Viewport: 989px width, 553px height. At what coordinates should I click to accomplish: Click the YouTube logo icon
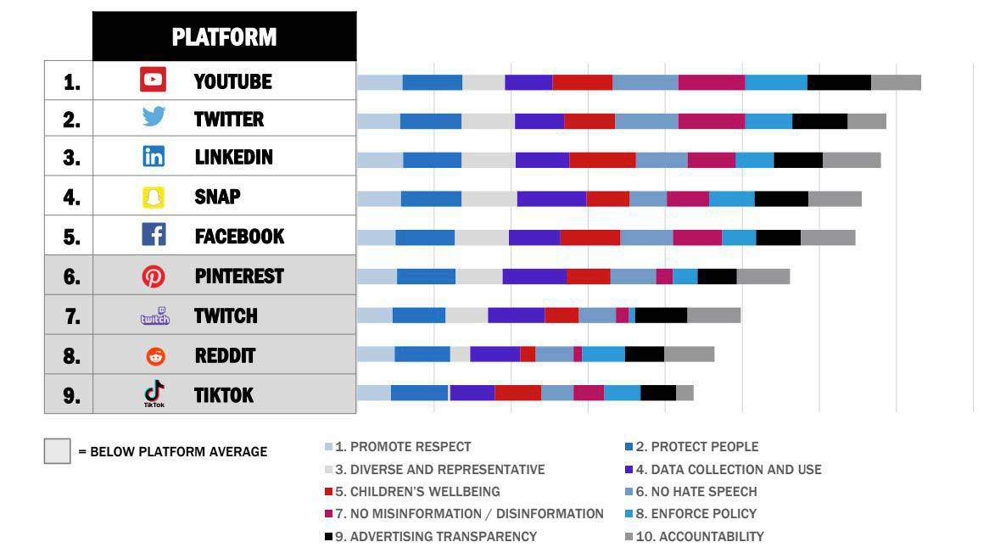[x=153, y=80]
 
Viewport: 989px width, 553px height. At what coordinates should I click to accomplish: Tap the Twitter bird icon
[x=154, y=117]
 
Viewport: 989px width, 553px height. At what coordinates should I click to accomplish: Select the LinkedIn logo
[x=154, y=156]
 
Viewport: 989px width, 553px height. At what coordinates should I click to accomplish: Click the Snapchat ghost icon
[x=154, y=198]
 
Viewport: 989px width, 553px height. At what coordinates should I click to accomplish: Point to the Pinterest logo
[x=154, y=276]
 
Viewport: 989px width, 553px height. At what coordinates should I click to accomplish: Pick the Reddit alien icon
[x=156, y=356]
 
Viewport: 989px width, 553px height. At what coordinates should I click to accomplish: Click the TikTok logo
[x=154, y=394]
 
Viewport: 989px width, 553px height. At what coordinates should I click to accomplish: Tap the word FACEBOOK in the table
[x=239, y=237]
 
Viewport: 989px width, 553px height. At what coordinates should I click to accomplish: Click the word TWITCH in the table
[x=226, y=316]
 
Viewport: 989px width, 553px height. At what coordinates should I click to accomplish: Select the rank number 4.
[x=71, y=198]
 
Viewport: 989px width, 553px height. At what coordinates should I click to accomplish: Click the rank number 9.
[x=71, y=395]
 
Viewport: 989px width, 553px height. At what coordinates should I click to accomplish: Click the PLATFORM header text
[x=224, y=37]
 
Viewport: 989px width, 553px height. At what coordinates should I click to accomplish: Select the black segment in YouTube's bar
[x=839, y=82]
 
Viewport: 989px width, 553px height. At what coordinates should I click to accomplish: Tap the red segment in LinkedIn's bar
[x=602, y=160]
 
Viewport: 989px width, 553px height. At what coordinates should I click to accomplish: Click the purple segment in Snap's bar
[x=551, y=198]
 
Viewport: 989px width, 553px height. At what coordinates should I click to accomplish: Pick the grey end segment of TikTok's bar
[x=685, y=393]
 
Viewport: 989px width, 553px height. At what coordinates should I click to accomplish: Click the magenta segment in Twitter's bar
[x=712, y=121]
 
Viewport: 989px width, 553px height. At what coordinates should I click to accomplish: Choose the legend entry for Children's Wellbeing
[x=412, y=492]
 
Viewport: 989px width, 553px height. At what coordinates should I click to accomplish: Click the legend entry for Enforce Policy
[x=690, y=514]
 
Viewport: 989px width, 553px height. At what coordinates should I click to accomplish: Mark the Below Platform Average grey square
[x=58, y=451]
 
